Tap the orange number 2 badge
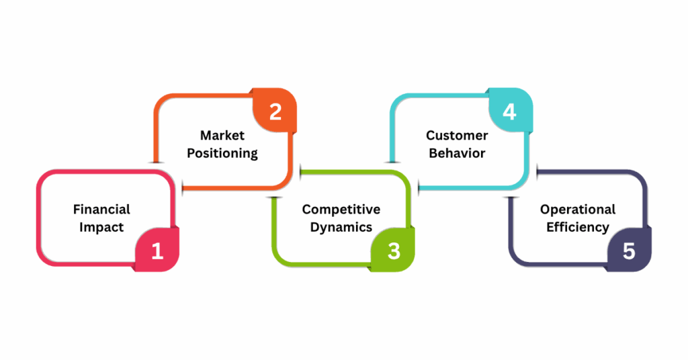coord(275,111)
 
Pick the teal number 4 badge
coord(510,111)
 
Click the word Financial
coord(101,210)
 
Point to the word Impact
coord(101,227)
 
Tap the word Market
coord(222,136)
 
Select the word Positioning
coord(222,153)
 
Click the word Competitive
coord(341,210)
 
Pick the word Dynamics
coord(341,227)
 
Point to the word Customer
coord(457,136)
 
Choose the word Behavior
coord(457,153)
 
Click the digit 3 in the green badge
coord(394,251)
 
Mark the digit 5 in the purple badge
coord(629,251)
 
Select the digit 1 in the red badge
coord(157,251)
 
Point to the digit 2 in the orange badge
coord(275,111)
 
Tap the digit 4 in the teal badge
coord(510,111)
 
